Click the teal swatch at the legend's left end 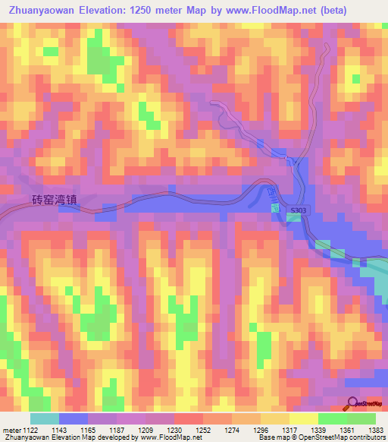[44, 418]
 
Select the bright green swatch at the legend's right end [361, 418]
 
